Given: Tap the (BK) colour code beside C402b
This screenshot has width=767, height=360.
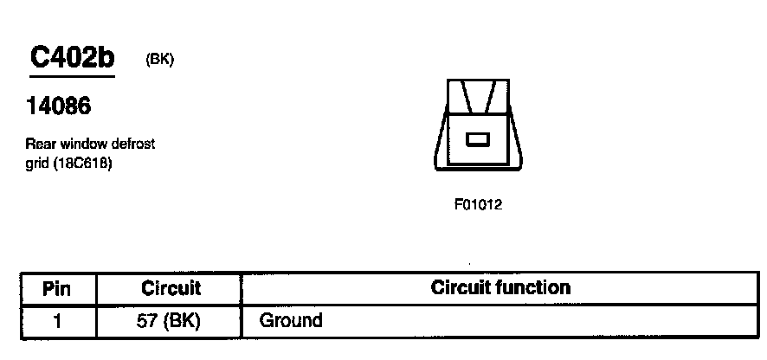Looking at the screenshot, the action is (160, 61).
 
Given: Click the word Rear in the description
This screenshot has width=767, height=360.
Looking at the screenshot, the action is (40, 144).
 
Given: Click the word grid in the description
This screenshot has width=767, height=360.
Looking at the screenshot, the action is (36, 162).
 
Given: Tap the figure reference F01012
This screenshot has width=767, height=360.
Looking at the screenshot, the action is (478, 205).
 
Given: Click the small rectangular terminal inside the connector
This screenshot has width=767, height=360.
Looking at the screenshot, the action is (478, 138).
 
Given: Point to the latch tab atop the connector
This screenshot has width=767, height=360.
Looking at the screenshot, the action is (478, 96).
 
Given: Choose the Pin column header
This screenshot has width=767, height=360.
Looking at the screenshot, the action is (57, 289).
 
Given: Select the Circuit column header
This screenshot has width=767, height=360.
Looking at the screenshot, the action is (170, 289).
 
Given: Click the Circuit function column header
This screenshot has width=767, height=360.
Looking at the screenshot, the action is (500, 288).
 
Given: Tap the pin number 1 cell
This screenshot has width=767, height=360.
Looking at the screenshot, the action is (57, 321).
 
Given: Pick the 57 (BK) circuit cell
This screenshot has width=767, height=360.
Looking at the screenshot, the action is (170, 321).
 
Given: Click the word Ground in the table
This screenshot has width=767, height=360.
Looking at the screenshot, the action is (291, 321).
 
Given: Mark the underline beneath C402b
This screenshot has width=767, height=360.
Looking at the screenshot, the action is (72, 77).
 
